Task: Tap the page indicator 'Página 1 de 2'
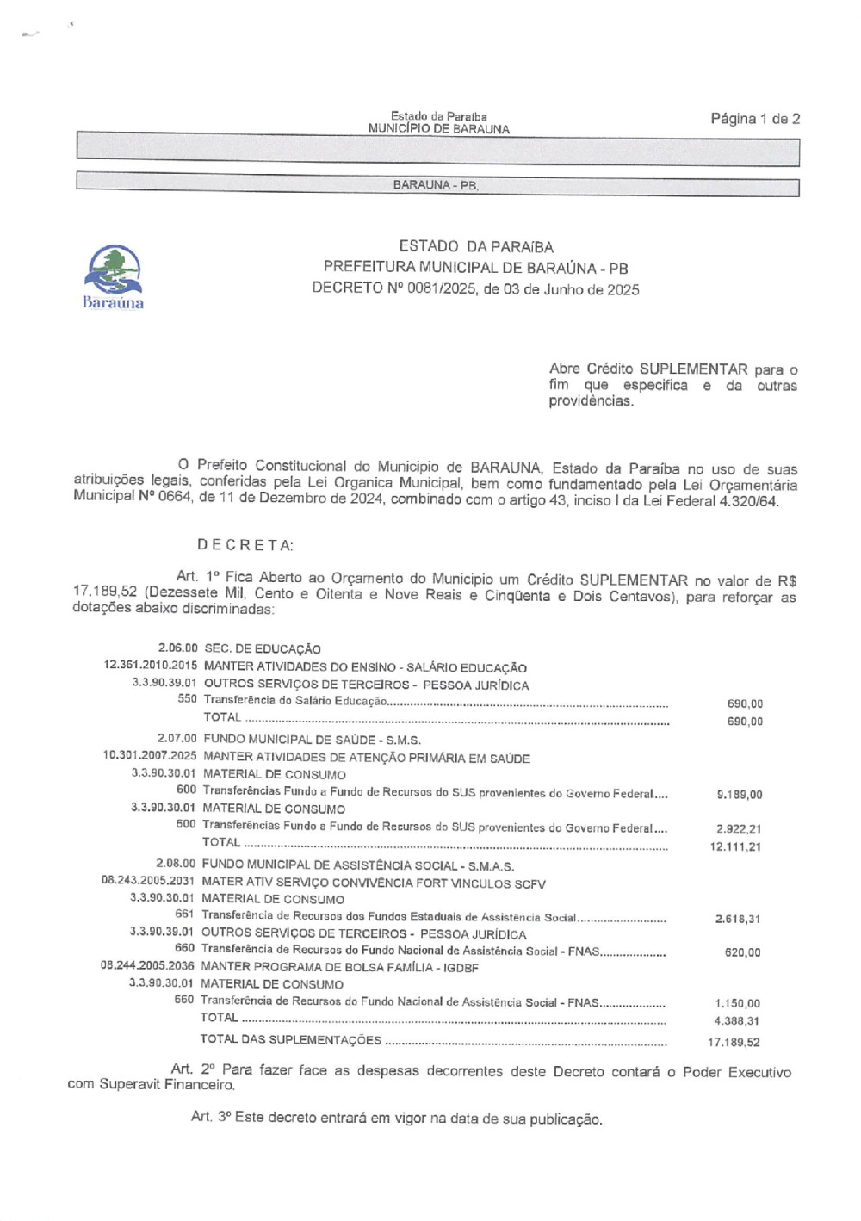point(755,119)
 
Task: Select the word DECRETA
point(245,545)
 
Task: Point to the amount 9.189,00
point(739,795)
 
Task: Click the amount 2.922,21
point(739,829)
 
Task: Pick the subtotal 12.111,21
point(735,847)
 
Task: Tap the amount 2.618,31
point(738,919)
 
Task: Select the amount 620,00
point(743,952)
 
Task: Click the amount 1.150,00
point(738,1003)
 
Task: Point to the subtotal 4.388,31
point(738,1021)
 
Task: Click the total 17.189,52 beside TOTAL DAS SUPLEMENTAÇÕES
point(734,1043)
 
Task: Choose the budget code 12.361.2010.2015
point(151,666)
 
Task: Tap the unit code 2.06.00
point(177,648)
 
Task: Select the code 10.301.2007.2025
point(150,756)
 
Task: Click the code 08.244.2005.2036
point(147,966)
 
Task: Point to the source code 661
point(184,914)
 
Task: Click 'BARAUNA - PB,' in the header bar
point(436,185)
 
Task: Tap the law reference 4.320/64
point(748,501)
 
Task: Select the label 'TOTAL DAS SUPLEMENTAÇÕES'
point(291,1039)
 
